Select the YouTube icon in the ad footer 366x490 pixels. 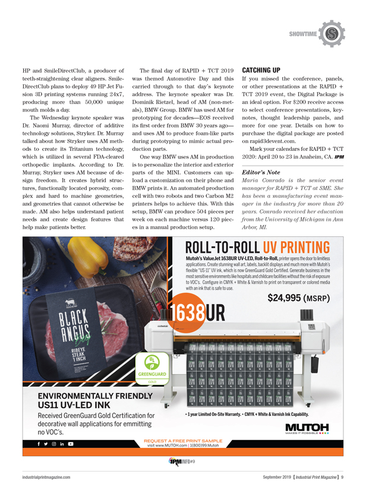point(71,444)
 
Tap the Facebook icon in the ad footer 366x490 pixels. point(39,444)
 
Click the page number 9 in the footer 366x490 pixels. point(351,476)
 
